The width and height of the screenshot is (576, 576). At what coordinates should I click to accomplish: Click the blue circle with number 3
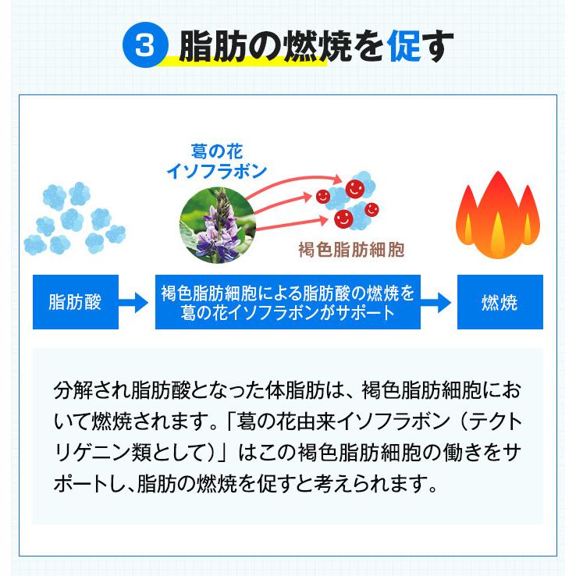click(x=145, y=45)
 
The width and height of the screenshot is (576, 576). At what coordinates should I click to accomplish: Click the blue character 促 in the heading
click(x=404, y=46)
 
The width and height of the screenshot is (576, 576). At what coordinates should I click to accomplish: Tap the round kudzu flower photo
click(x=218, y=226)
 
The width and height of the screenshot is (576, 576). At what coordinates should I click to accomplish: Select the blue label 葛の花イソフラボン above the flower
click(x=217, y=161)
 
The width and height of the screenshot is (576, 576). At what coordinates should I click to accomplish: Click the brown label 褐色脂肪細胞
click(x=351, y=251)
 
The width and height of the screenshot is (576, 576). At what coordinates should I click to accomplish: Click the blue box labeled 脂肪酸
click(x=76, y=302)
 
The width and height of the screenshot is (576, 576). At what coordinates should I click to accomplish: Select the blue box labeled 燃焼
click(x=500, y=302)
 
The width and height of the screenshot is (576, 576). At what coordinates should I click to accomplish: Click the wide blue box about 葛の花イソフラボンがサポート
click(x=288, y=302)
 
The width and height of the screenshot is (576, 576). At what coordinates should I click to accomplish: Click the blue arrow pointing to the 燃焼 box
click(x=436, y=303)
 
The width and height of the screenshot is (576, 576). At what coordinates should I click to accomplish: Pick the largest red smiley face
click(x=355, y=189)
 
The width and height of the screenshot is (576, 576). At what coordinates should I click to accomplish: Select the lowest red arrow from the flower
click(x=291, y=225)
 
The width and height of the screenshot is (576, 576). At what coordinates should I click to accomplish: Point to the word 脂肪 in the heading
click(x=213, y=46)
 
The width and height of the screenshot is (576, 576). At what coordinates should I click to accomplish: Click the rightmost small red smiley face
click(x=372, y=209)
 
